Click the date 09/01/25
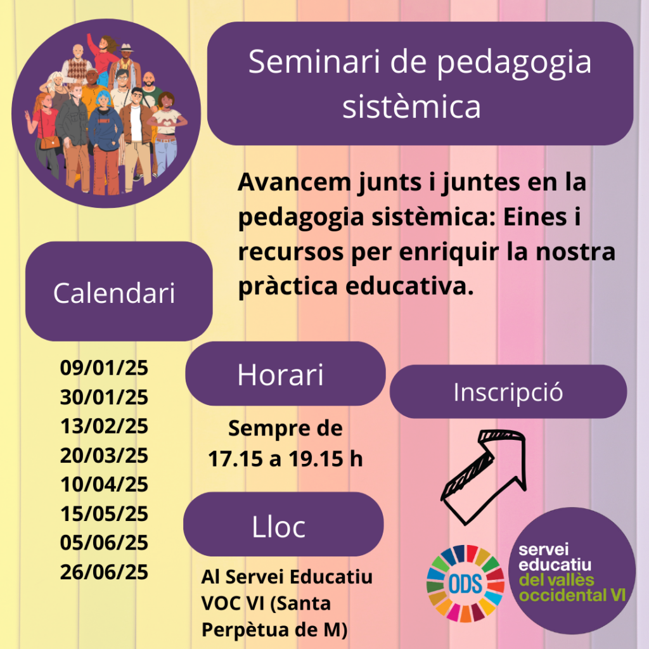pyautogui.click(x=104, y=368)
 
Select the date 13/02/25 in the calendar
pyautogui.click(x=104, y=426)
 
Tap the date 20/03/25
pyautogui.click(x=104, y=455)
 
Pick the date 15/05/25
pyautogui.click(x=104, y=513)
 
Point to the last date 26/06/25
pyautogui.click(x=104, y=572)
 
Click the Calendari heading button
pyautogui.click(x=119, y=292)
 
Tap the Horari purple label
pyautogui.click(x=285, y=374)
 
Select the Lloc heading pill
pyautogui.click(x=283, y=524)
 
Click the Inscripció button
pyautogui.click(x=508, y=392)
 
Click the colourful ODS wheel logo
pyautogui.click(x=466, y=584)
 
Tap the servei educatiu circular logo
pyautogui.click(x=572, y=571)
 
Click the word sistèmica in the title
pyautogui.click(x=411, y=106)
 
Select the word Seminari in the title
pyautogui.click(x=314, y=61)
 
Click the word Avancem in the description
pyautogui.click(x=294, y=182)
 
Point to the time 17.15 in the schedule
pyautogui.click(x=235, y=459)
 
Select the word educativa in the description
pyautogui.click(x=410, y=286)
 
